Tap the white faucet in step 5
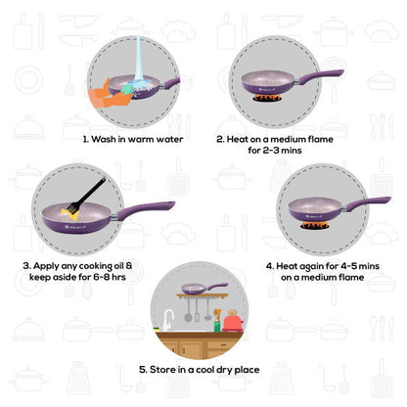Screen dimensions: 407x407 pyautogui.click(x=169, y=316)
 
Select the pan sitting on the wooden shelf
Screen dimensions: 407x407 pyautogui.click(x=197, y=289)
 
